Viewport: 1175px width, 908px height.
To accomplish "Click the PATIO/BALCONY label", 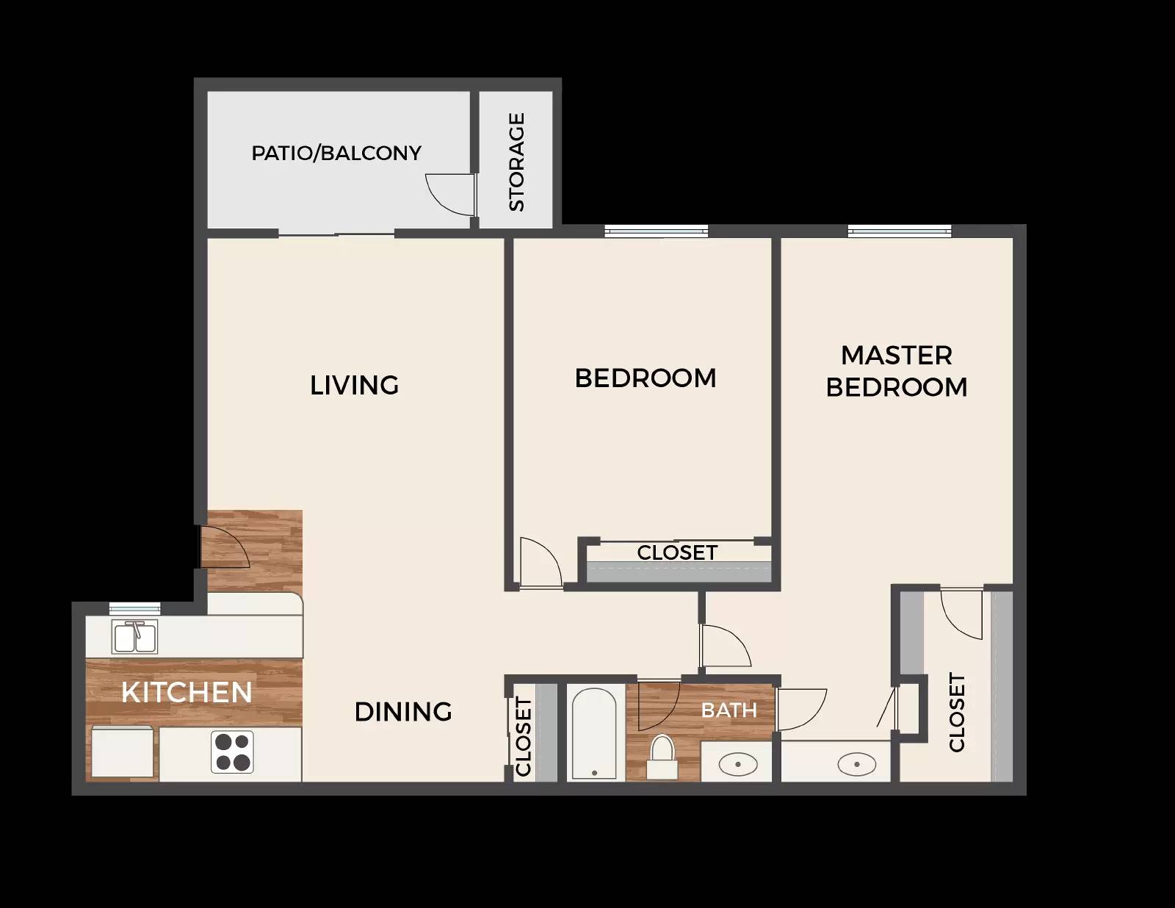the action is [x=336, y=153].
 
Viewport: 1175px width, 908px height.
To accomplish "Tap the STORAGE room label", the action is [x=517, y=162].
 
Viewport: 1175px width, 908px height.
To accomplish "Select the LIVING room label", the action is [x=354, y=385].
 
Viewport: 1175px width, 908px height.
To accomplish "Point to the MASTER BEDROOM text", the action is [x=897, y=371].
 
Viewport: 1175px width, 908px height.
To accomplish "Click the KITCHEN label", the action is [x=187, y=692].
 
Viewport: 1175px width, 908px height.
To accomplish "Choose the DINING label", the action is [x=403, y=712].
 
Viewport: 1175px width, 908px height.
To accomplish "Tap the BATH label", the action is [x=729, y=710].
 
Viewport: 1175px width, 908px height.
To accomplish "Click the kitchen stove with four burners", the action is [x=233, y=752].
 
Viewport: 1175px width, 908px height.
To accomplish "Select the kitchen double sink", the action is [x=134, y=637].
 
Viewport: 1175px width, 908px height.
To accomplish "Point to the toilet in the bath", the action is [x=662, y=757].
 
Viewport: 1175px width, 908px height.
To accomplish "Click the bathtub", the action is [x=594, y=732].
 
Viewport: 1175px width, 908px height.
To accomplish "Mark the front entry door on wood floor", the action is [x=225, y=547].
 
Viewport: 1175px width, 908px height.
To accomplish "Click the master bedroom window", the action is [x=899, y=231].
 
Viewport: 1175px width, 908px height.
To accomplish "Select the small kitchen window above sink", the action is [x=134, y=608].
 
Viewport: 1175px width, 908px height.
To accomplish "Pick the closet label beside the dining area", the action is [x=524, y=737].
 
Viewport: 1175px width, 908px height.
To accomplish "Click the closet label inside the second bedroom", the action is [x=677, y=552].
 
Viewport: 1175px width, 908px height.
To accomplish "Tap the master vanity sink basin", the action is [x=856, y=765].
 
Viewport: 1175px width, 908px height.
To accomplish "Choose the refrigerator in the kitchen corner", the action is [x=123, y=753].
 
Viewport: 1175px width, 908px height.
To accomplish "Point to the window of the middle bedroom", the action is [x=656, y=231].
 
